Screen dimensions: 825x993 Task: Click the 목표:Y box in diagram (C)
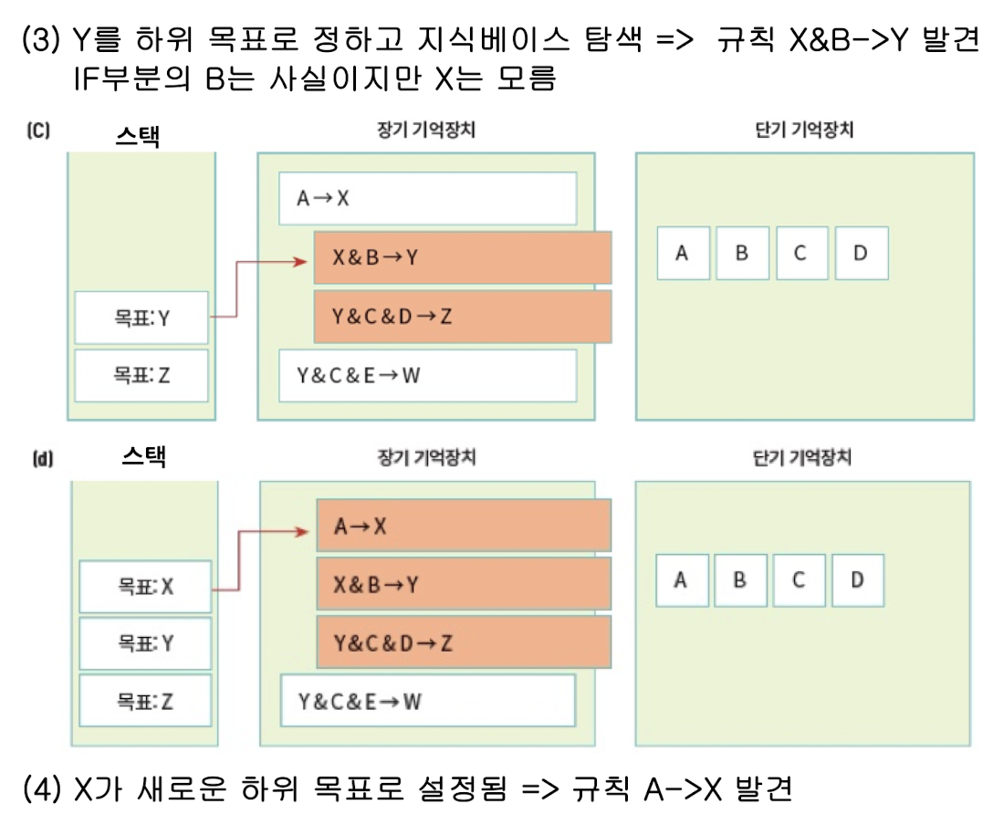pos(141,318)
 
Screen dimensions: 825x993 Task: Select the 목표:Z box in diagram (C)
pos(141,374)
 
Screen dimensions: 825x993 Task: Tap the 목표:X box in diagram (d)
pos(145,587)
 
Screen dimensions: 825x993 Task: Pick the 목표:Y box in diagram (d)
pos(145,642)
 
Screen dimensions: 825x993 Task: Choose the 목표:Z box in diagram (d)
pos(145,701)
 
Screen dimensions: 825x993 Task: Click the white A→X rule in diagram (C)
pos(428,198)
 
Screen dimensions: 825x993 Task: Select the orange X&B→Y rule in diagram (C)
pos(462,258)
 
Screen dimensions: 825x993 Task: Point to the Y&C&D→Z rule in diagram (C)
pos(462,317)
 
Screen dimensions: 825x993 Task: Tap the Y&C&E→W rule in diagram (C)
pos(428,374)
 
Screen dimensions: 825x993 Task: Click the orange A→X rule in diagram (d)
pos(464,526)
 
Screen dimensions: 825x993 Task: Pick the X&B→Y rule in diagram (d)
pos(464,584)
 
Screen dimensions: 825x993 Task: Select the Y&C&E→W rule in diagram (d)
pos(428,701)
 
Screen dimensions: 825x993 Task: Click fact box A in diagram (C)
pos(682,254)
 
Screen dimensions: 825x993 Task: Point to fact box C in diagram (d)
pos(799,580)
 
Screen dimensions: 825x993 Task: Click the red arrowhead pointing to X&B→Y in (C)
pos(298,262)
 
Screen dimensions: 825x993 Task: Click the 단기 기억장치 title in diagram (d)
pos(799,458)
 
